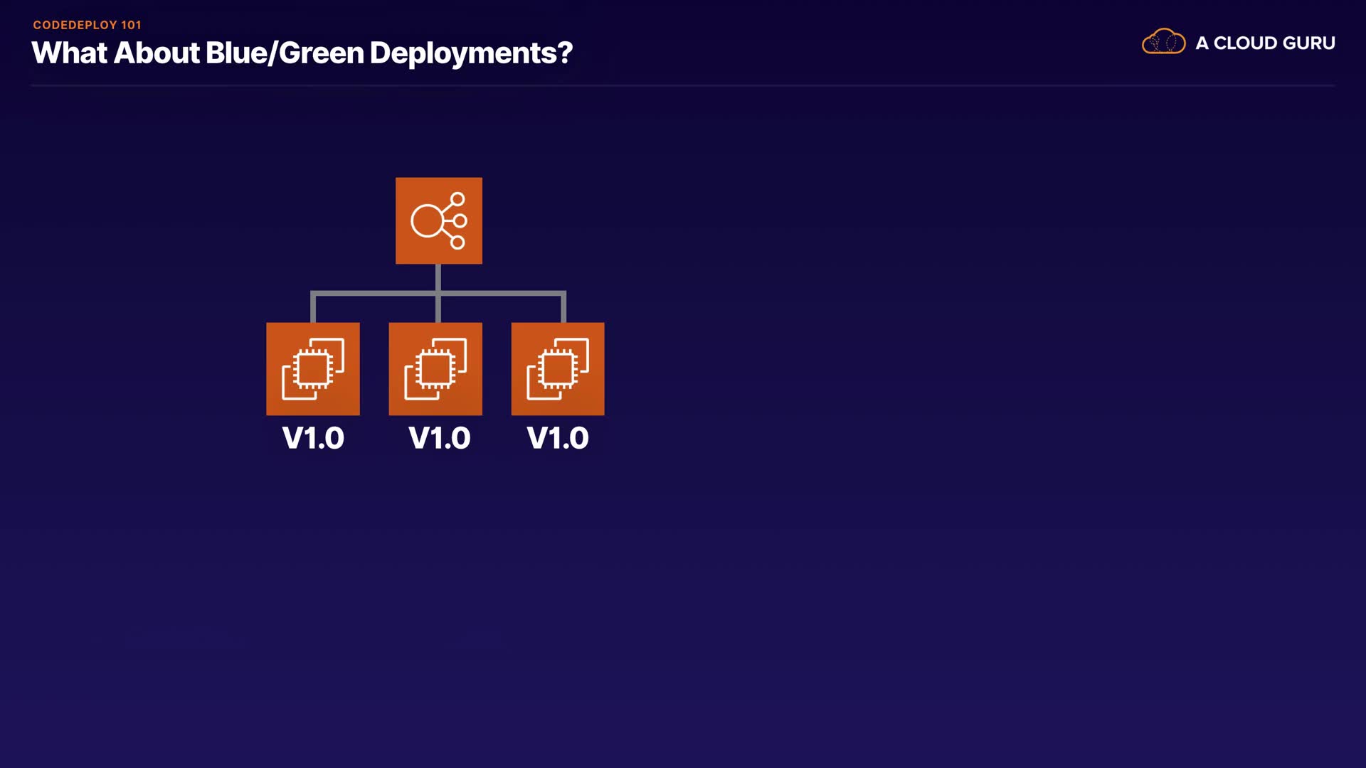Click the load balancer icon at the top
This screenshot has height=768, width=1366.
tap(439, 220)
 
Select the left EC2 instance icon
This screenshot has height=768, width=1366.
tap(313, 369)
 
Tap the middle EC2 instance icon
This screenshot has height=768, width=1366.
tap(435, 369)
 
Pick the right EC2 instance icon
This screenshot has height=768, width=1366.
tap(558, 369)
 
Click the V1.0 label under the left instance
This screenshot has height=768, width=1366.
tap(313, 438)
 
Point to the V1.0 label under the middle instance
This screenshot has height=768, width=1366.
tap(440, 438)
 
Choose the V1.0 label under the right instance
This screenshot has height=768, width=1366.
tap(558, 438)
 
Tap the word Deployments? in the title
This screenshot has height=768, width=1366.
tap(471, 53)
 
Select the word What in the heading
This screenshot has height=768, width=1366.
tap(69, 53)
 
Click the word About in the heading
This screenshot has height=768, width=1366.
tap(157, 53)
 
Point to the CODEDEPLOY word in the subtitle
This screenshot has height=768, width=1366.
tap(75, 25)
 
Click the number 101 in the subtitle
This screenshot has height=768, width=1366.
tap(131, 25)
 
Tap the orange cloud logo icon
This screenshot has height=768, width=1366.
tap(1163, 43)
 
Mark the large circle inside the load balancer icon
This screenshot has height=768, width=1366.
tap(427, 220)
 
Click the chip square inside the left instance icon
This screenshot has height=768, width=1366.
tap(313, 368)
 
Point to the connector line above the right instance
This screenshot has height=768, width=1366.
tap(563, 306)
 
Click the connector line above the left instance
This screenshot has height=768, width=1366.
tap(313, 306)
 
